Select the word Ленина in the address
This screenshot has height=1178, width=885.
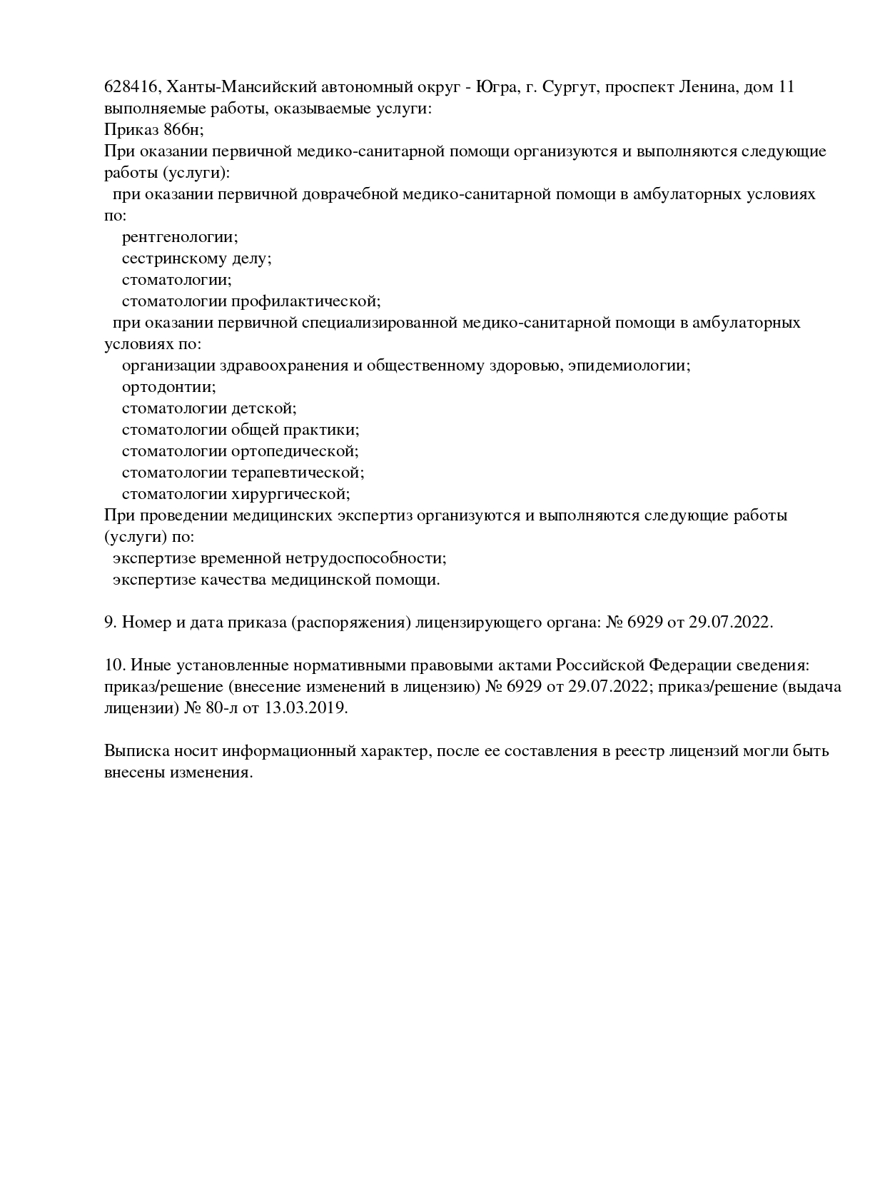point(707,87)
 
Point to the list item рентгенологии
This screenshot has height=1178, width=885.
point(180,237)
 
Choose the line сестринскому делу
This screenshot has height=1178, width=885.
point(196,258)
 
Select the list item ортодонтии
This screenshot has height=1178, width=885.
point(168,387)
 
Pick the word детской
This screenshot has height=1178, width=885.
point(263,408)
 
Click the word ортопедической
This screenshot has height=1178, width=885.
point(295,451)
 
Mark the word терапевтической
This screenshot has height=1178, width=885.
point(298,473)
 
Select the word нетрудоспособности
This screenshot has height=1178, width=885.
point(365,558)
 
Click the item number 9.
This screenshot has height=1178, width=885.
point(110,623)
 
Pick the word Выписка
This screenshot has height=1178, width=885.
point(133,751)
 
